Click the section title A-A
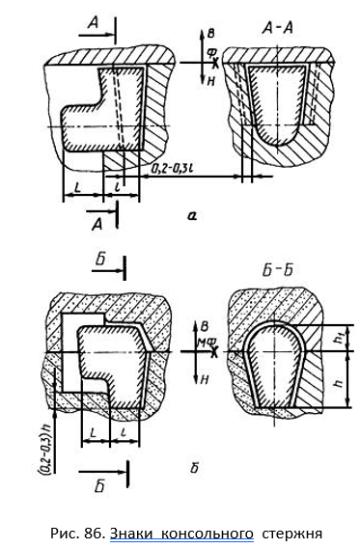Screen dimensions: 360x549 coord(277,28)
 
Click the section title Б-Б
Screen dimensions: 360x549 coord(277,270)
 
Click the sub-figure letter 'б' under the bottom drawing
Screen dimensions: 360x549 coord(195,468)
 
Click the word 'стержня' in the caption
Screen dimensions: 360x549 coord(291,535)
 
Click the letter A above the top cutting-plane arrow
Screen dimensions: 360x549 coord(94,23)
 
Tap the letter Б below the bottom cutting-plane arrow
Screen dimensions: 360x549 coord(99,486)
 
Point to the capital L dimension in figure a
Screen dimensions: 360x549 coord(77,188)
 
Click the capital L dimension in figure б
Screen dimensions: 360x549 coord(93,433)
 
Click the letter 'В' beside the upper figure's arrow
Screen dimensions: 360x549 coord(210,34)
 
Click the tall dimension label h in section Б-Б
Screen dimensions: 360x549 coord(339,383)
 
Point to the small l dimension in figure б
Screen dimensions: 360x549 coord(124,433)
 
